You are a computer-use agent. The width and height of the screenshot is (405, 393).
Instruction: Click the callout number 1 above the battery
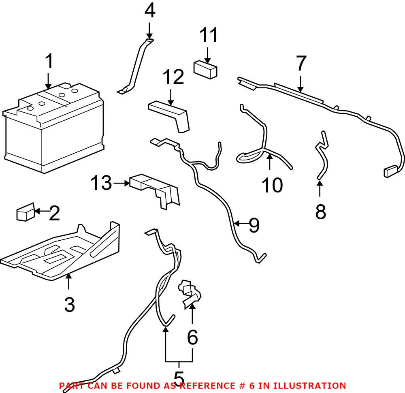[49, 62]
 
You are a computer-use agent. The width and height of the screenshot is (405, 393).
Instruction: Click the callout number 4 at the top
[149, 11]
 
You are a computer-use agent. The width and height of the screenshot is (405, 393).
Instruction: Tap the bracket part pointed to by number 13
[156, 190]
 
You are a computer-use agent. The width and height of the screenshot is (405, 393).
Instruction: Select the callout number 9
[254, 225]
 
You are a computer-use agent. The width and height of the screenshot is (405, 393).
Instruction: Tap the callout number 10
[272, 185]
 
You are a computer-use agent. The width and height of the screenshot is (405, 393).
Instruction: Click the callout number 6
[192, 336]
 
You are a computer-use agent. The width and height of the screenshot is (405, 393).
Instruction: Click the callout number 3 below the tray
[69, 304]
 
